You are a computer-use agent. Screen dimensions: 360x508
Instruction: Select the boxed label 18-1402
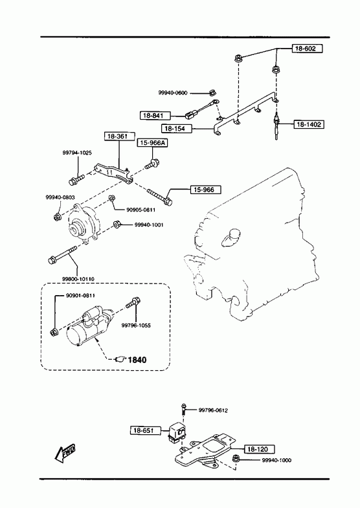click(309, 124)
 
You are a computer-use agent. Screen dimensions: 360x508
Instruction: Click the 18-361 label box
click(119, 136)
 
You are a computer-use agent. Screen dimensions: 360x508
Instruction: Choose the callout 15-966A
click(152, 143)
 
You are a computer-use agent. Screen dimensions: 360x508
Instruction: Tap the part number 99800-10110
click(78, 279)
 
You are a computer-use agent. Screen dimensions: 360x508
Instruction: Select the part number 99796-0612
click(213, 410)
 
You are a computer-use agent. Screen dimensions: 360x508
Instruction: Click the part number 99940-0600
click(173, 93)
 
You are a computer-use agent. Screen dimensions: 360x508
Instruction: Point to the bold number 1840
click(137, 360)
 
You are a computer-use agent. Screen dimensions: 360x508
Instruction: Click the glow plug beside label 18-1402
click(276, 126)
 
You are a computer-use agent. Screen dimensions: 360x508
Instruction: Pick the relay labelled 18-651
click(177, 432)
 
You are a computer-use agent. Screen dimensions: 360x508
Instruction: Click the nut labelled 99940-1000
click(236, 459)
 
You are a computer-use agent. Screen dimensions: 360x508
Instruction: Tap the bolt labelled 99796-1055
click(133, 302)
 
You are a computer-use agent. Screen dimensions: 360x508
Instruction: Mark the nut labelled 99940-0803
click(57, 217)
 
